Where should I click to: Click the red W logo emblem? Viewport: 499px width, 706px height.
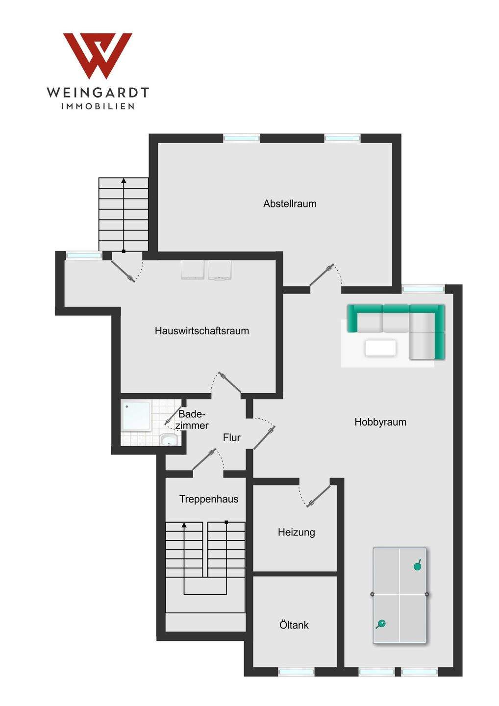pyautogui.click(x=98, y=54)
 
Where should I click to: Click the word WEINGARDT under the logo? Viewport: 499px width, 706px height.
pyautogui.click(x=98, y=92)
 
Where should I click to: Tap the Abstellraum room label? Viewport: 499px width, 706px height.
pyautogui.click(x=290, y=203)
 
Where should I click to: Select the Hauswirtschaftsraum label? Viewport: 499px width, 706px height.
pyautogui.click(x=201, y=331)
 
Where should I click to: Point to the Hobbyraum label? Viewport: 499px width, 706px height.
pyautogui.click(x=380, y=422)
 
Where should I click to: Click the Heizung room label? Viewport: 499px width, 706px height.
pyautogui.click(x=296, y=532)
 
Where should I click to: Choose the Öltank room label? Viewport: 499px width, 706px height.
pyautogui.click(x=294, y=625)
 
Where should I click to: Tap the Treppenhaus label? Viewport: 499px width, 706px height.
pyautogui.click(x=209, y=499)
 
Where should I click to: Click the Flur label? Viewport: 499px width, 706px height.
pyautogui.click(x=231, y=438)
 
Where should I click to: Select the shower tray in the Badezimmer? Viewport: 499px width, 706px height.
pyautogui.click(x=136, y=416)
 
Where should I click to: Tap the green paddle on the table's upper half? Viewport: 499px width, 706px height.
pyautogui.click(x=418, y=565)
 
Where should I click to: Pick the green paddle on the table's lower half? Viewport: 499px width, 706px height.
pyautogui.click(x=380, y=624)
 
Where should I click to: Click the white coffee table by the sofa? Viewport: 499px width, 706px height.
pyautogui.click(x=380, y=348)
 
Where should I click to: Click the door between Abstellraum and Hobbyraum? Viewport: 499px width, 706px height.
pyautogui.click(x=322, y=276)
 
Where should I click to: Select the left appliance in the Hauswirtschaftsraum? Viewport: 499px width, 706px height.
pyautogui.click(x=193, y=270)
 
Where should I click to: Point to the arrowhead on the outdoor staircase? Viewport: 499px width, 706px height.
pyautogui.click(x=124, y=180)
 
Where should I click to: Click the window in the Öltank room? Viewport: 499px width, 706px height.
pyautogui.click(x=296, y=672)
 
